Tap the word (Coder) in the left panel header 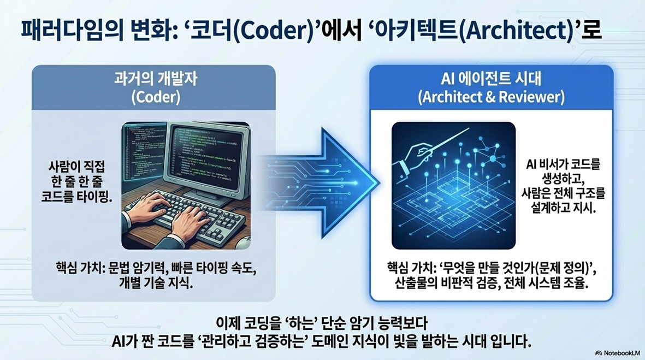tap(156, 97)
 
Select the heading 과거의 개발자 tap(156, 79)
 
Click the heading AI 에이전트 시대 tap(491, 78)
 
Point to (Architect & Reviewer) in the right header tap(491, 97)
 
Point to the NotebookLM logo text tap(622, 353)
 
